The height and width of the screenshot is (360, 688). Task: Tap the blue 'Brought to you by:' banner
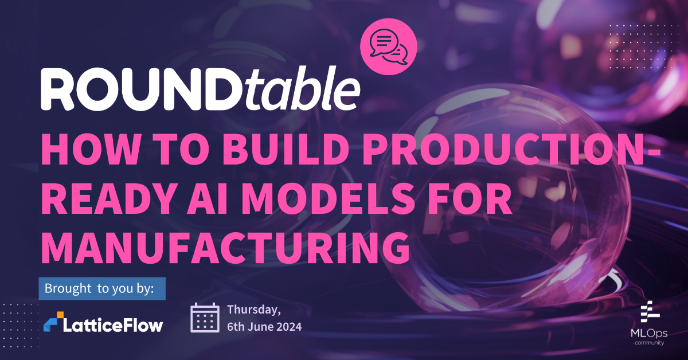pos(102,288)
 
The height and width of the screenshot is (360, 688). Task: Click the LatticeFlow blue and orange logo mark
pos(54,322)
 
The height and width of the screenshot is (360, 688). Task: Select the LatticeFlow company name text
pos(115,324)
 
